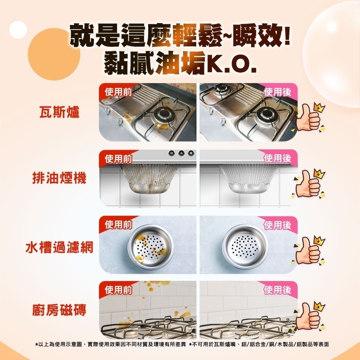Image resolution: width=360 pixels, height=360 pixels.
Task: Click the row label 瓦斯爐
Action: (60, 112)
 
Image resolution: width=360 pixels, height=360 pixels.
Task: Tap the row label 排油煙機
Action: (60, 179)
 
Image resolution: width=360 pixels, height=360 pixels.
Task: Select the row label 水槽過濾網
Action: (60, 247)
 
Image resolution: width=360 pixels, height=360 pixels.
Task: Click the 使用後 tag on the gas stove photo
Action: (278, 92)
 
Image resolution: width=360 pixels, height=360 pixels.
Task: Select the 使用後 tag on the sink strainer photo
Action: (278, 225)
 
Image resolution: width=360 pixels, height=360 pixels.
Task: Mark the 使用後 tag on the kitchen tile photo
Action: (278, 290)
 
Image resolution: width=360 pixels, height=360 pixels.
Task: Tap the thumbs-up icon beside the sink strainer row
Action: (309, 250)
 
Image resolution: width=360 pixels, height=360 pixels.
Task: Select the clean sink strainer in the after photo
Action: (245, 246)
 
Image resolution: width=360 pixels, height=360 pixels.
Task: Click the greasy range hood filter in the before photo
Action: (148, 180)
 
